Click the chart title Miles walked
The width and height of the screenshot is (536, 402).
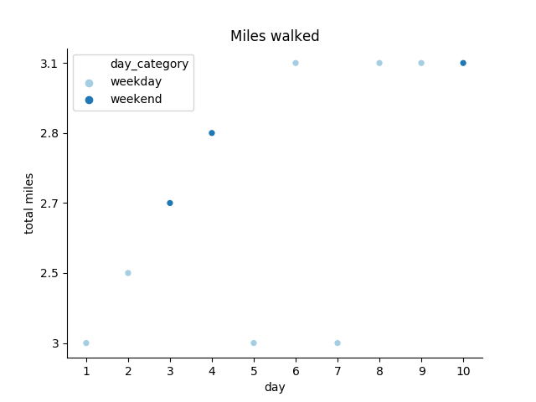pyautogui.click(x=275, y=36)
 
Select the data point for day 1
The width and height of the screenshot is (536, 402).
pyautogui.click(x=86, y=343)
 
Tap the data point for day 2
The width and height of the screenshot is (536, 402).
pyautogui.click(x=128, y=273)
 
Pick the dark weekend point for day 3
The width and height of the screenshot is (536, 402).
pyautogui.click(x=170, y=203)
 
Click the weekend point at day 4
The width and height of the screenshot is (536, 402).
pyautogui.click(x=212, y=133)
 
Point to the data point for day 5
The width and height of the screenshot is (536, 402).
pyautogui.click(x=254, y=343)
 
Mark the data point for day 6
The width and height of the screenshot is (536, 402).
pyautogui.click(x=296, y=63)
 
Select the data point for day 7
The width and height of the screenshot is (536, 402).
pyautogui.click(x=338, y=343)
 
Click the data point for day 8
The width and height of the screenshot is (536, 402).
pyautogui.click(x=379, y=63)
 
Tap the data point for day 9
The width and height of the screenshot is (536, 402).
pyautogui.click(x=421, y=63)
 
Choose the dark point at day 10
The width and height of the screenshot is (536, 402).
pyautogui.click(x=463, y=63)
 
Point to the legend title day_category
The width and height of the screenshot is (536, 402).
pyautogui.click(x=149, y=64)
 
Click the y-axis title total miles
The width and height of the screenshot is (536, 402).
pyautogui.click(x=29, y=204)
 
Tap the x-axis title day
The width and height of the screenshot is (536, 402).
pyautogui.click(x=275, y=387)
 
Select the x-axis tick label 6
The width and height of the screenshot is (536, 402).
pyautogui.click(x=296, y=370)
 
